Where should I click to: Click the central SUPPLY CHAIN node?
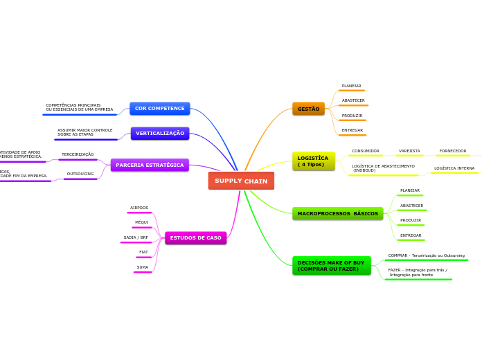241,181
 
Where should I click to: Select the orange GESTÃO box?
308,109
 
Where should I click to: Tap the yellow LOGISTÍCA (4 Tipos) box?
313,161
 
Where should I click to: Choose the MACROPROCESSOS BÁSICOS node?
337,213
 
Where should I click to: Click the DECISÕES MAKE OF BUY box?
331,266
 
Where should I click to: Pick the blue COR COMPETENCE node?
159,109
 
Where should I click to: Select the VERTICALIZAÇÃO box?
160,133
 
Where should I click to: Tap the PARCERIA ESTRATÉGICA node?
150,165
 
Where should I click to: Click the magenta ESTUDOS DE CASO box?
195,237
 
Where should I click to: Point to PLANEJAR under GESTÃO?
351,86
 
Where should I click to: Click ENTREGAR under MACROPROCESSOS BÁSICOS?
411,235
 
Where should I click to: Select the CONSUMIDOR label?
365,151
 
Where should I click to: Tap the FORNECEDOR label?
452,151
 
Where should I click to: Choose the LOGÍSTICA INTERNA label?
454,168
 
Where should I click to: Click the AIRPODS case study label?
139,208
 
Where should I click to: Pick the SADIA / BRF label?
136,237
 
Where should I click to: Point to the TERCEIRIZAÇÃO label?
78,154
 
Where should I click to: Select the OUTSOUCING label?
80,174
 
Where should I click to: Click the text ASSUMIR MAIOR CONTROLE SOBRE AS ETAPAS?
84,132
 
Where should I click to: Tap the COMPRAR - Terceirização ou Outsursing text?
426,255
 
